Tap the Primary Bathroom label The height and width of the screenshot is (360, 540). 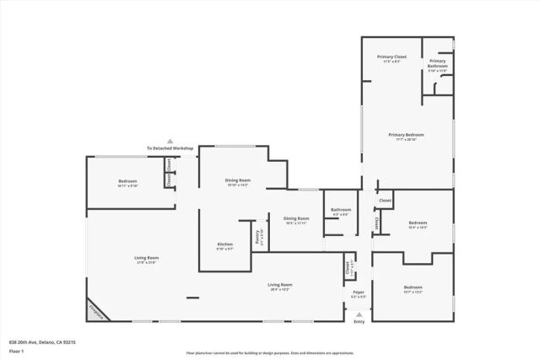[x=438, y=63]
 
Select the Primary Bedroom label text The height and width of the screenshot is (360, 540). [x=406, y=135]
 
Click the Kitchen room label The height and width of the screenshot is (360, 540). [x=225, y=244]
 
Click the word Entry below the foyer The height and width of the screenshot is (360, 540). [x=359, y=321]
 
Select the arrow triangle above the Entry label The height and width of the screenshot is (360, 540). [x=359, y=313]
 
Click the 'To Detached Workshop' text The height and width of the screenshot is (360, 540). [x=170, y=148]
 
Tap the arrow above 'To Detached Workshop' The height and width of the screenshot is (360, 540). [x=170, y=141]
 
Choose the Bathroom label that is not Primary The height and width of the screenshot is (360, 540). [x=341, y=210]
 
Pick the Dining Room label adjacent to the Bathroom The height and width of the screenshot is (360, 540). [x=296, y=218]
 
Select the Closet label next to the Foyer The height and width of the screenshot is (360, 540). [x=347, y=268]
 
